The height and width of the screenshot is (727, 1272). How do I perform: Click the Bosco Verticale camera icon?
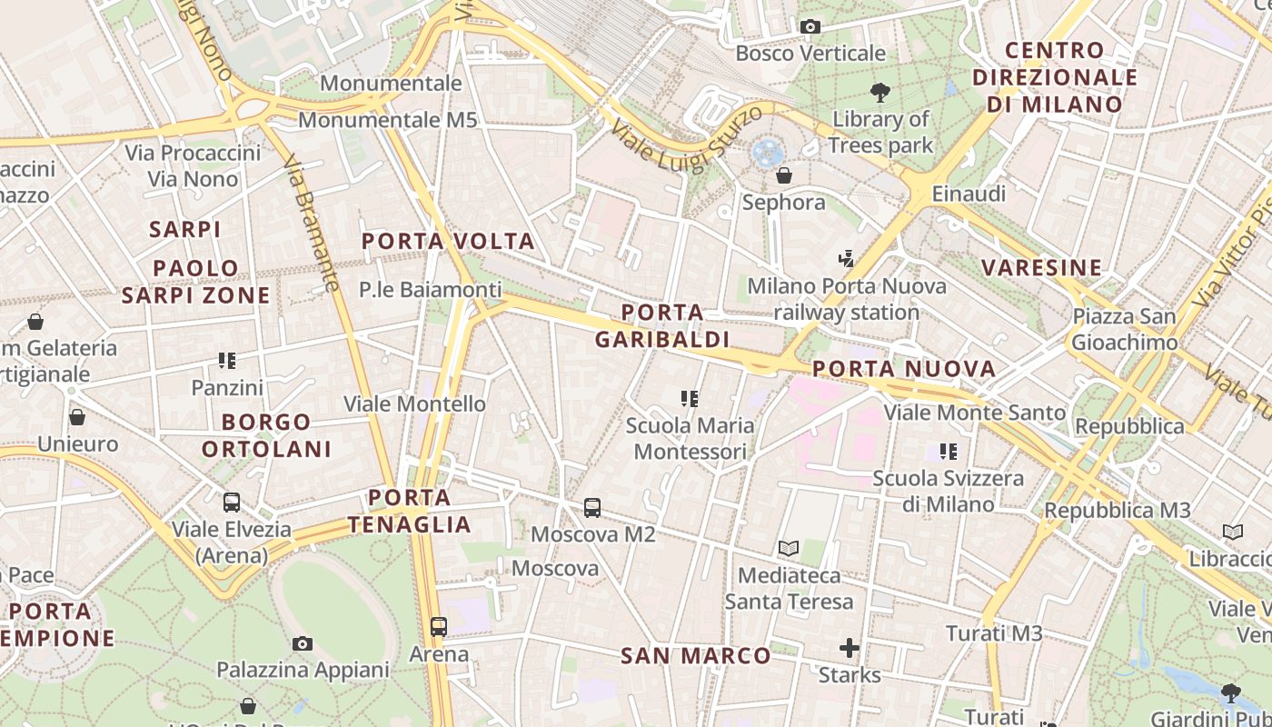[x=810, y=27]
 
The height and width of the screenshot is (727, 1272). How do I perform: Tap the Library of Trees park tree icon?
[x=879, y=92]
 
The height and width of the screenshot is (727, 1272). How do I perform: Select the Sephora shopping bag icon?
[x=783, y=174]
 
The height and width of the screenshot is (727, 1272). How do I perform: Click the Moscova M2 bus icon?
[x=591, y=508]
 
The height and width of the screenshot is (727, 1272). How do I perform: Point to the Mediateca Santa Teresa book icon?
[x=788, y=549]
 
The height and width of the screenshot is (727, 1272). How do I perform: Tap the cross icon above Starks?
[x=850, y=648]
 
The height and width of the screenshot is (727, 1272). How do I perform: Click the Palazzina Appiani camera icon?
[x=303, y=643]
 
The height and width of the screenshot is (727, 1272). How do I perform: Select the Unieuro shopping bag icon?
[x=77, y=417]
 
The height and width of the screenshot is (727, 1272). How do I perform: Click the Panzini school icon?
[x=227, y=361]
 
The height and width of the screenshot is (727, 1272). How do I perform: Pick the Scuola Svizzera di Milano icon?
[x=949, y=452]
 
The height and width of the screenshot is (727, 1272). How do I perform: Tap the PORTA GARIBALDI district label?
[x=661, y=326]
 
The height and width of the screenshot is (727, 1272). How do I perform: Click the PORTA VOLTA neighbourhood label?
[x=448, y=242]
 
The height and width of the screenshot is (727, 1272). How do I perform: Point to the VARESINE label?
[x=1041, y=267]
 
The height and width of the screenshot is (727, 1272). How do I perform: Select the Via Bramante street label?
[x=311, y=223]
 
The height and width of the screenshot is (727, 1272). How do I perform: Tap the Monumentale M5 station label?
[x=387, y=120]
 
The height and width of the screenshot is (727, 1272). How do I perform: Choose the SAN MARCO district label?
[x=695, y=655]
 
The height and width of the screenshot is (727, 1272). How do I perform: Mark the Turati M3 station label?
[x=993, y=633]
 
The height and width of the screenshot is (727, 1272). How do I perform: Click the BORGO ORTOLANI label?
[x=266, y=435]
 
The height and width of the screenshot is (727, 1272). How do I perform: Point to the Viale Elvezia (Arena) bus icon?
[x=232, y=503]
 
